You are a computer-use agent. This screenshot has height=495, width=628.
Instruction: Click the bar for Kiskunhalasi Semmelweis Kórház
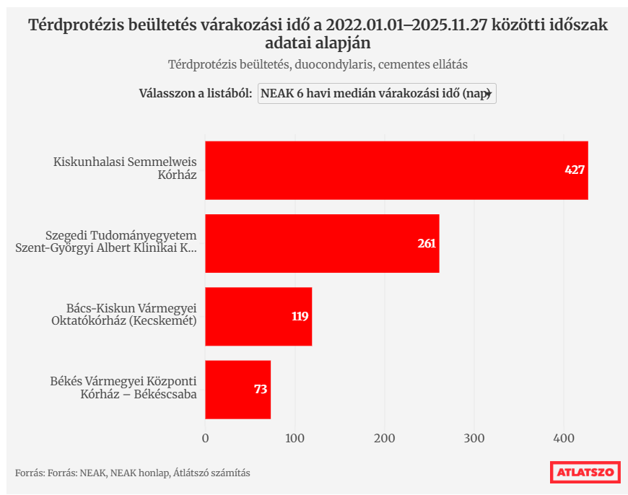[396, 170]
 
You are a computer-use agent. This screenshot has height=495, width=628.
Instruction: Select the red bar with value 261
[322, 243]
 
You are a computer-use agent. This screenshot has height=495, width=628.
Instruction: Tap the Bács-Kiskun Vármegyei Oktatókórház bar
[258, 316]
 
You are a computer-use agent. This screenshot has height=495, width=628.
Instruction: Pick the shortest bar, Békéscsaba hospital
[237, 390]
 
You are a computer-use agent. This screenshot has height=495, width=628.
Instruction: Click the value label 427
[575, 170]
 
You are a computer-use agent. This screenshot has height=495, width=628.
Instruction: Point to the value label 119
[300, 316]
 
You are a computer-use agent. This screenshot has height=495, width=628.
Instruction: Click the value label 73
[261, 390]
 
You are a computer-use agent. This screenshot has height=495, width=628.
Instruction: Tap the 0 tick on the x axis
[206, 438]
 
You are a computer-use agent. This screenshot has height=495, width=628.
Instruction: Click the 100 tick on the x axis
[295, 438]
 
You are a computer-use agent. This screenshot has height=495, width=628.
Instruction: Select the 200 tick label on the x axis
[385, 438]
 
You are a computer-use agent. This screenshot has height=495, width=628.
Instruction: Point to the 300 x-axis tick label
[474, 438]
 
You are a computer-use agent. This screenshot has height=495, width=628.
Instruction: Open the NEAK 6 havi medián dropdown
[377, 94]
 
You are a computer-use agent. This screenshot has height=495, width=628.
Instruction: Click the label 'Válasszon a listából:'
[195, 94]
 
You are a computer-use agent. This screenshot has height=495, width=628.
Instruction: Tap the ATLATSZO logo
[585, 473]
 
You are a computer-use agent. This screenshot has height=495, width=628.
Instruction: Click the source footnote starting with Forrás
[133, 473]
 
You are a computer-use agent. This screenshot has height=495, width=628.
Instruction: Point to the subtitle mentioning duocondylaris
[318, 64]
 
